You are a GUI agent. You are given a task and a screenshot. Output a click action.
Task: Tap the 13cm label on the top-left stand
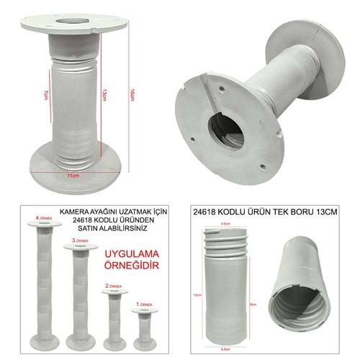tap(105, 94)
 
